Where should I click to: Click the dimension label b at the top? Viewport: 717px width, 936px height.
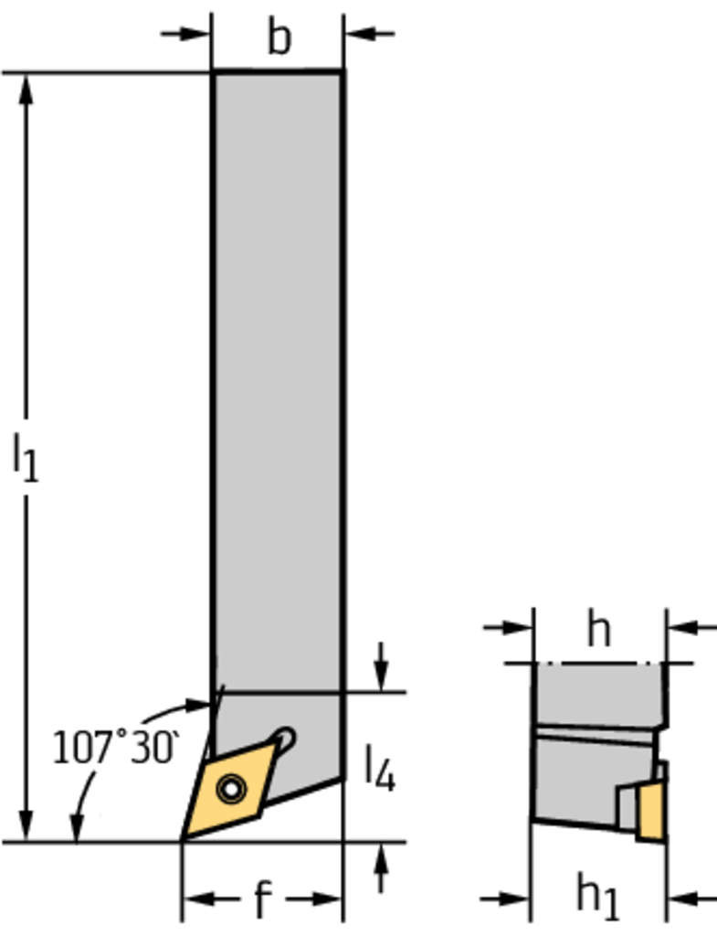tap(279, 37)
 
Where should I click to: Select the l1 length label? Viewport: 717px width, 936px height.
tap(26, 457)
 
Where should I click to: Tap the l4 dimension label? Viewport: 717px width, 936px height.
tap(379, 768)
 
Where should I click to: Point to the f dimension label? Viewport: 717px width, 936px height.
tap(263, 899)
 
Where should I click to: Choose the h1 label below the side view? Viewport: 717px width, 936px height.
tap(598, 898)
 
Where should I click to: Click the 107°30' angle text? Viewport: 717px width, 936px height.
tap(115, 747)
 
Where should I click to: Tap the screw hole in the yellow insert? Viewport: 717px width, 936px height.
tap(231, 789)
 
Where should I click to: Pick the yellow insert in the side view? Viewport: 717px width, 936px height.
tap(651, 812)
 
